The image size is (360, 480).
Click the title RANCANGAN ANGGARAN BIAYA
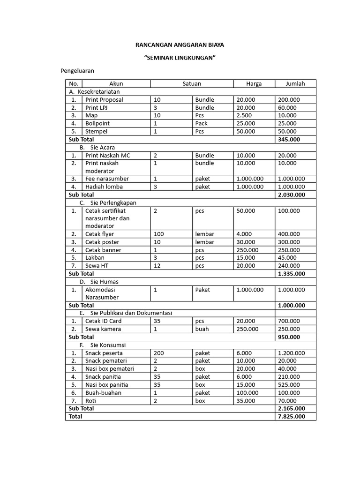click(x=180, y=45)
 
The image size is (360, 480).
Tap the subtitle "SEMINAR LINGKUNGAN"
click(x=180, y=58)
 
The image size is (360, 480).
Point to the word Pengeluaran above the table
click(x=77, y=71)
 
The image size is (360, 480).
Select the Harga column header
click(x=254, y=84)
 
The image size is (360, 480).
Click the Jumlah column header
click(x=295, y=84)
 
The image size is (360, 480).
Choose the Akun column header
click(x=116, y=84)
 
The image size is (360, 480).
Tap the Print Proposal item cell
click(x=104, y=100)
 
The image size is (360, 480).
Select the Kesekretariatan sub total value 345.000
click(x=289, y=139)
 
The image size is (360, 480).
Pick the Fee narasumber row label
click(x=107, y=179)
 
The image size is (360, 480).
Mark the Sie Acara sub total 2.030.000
click(x=292, y=195)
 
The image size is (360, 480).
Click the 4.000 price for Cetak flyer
click(x=244, y=234)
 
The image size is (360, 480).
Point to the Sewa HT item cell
click(x=97, y=266)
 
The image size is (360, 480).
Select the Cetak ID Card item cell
click(x=103, y=321)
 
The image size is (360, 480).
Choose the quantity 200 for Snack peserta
click(x=158, y=353)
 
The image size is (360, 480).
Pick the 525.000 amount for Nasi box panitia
click(x=287, y=385)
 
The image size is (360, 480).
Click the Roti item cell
click(x=90, y=401)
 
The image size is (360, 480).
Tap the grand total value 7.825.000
click(x=292, y=416)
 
